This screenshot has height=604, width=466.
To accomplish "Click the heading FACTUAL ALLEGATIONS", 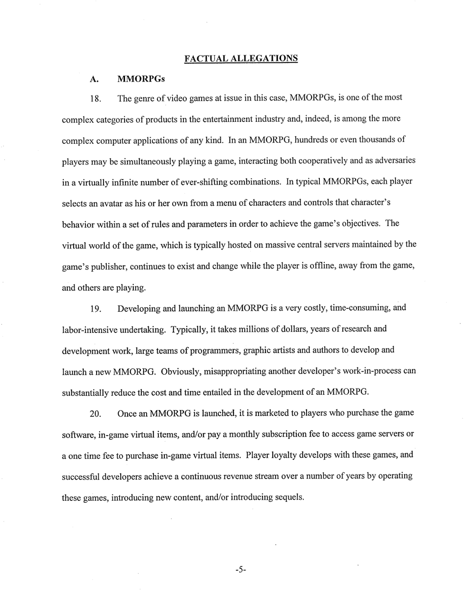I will [x=241, y=58].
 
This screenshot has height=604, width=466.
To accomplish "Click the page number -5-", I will [x=240, y=570].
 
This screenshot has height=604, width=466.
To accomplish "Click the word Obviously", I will [x=178, y=372].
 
